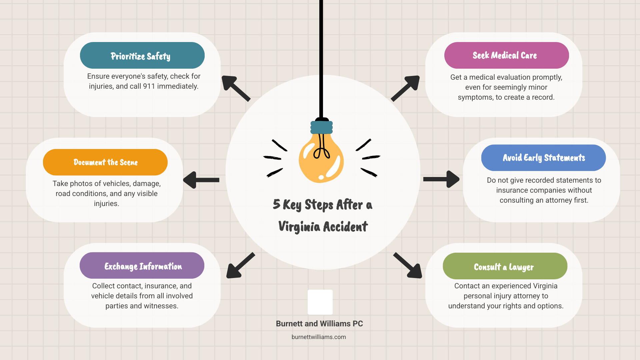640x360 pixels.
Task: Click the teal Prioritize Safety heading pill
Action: click(x=142, y=55)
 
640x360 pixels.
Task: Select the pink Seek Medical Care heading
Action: click(x=506, y=55)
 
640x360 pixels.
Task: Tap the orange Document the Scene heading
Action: click(x=105, y=162)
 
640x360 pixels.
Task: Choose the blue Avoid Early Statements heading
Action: click(x=543, y=158)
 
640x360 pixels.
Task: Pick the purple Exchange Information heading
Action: click(x=142, y=266)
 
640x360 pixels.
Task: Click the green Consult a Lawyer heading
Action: click(x=505, y=266)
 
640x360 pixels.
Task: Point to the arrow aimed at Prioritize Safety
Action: click(x=235, y=88)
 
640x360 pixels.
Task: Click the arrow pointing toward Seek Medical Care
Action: click(x=406, y=88)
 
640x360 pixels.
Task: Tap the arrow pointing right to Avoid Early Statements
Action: click(x=441, y=179)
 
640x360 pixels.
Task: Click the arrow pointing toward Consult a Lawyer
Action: click(x=408, y=266)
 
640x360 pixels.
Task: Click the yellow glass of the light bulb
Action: click(x=321, y=160)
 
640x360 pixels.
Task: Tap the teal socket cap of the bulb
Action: click(x=321, y=127)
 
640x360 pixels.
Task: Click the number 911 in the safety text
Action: click(x=149, y=86)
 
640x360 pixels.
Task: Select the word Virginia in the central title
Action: click(x=299, y=227)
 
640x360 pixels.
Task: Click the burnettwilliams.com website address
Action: click(x=319, y=337)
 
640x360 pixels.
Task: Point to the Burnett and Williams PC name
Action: click(x=319, y=324)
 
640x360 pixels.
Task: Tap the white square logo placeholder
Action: click(x=320, y=302)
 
